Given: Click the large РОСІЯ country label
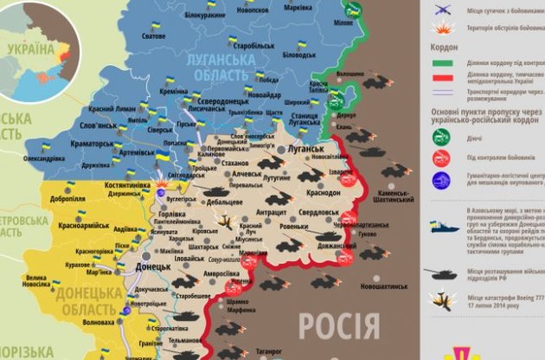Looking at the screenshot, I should click(338, 327).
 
